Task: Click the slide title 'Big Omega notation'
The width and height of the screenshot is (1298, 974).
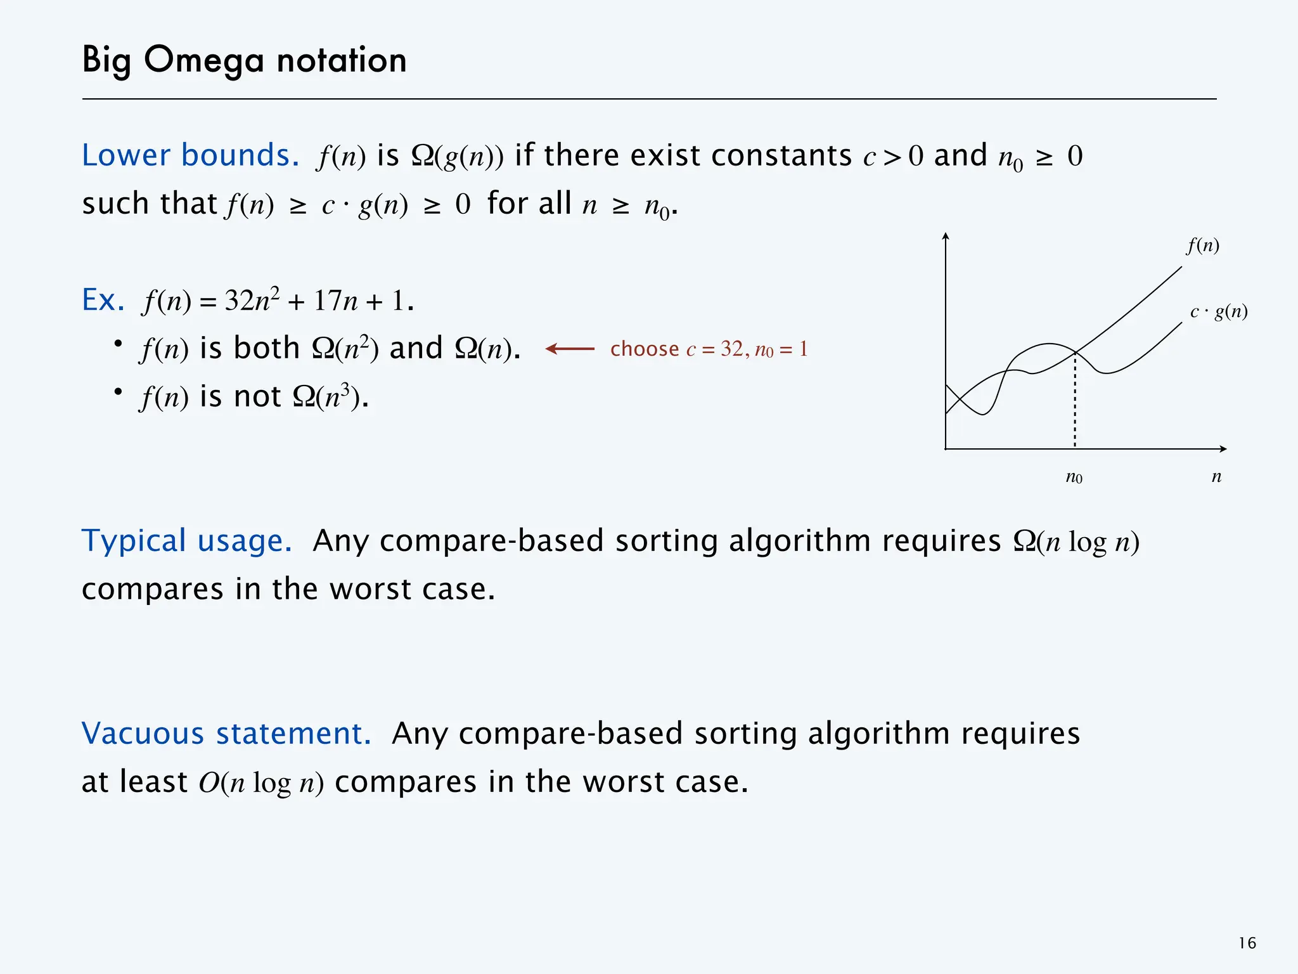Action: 244,61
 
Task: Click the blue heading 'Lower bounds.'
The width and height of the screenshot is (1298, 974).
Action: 190,155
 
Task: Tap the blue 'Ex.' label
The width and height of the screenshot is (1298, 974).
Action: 103,300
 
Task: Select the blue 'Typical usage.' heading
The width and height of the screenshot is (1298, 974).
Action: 187,541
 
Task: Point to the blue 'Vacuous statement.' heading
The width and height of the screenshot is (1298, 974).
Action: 226,734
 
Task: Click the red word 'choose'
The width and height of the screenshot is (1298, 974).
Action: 644,349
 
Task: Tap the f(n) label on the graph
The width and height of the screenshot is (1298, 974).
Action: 1203,245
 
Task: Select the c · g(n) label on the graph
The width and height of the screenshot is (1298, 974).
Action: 1218,311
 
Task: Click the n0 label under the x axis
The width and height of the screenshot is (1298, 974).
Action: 1074,477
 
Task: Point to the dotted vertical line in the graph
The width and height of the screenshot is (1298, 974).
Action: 1075,406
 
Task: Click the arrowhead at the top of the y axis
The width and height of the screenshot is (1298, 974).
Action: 946,237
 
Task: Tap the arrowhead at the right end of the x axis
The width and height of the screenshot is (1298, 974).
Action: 1223,449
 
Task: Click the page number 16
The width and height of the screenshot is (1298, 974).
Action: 1247,944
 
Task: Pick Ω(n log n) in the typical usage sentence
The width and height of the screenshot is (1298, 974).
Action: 1076,542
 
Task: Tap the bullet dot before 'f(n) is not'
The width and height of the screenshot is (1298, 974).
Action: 118,392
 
